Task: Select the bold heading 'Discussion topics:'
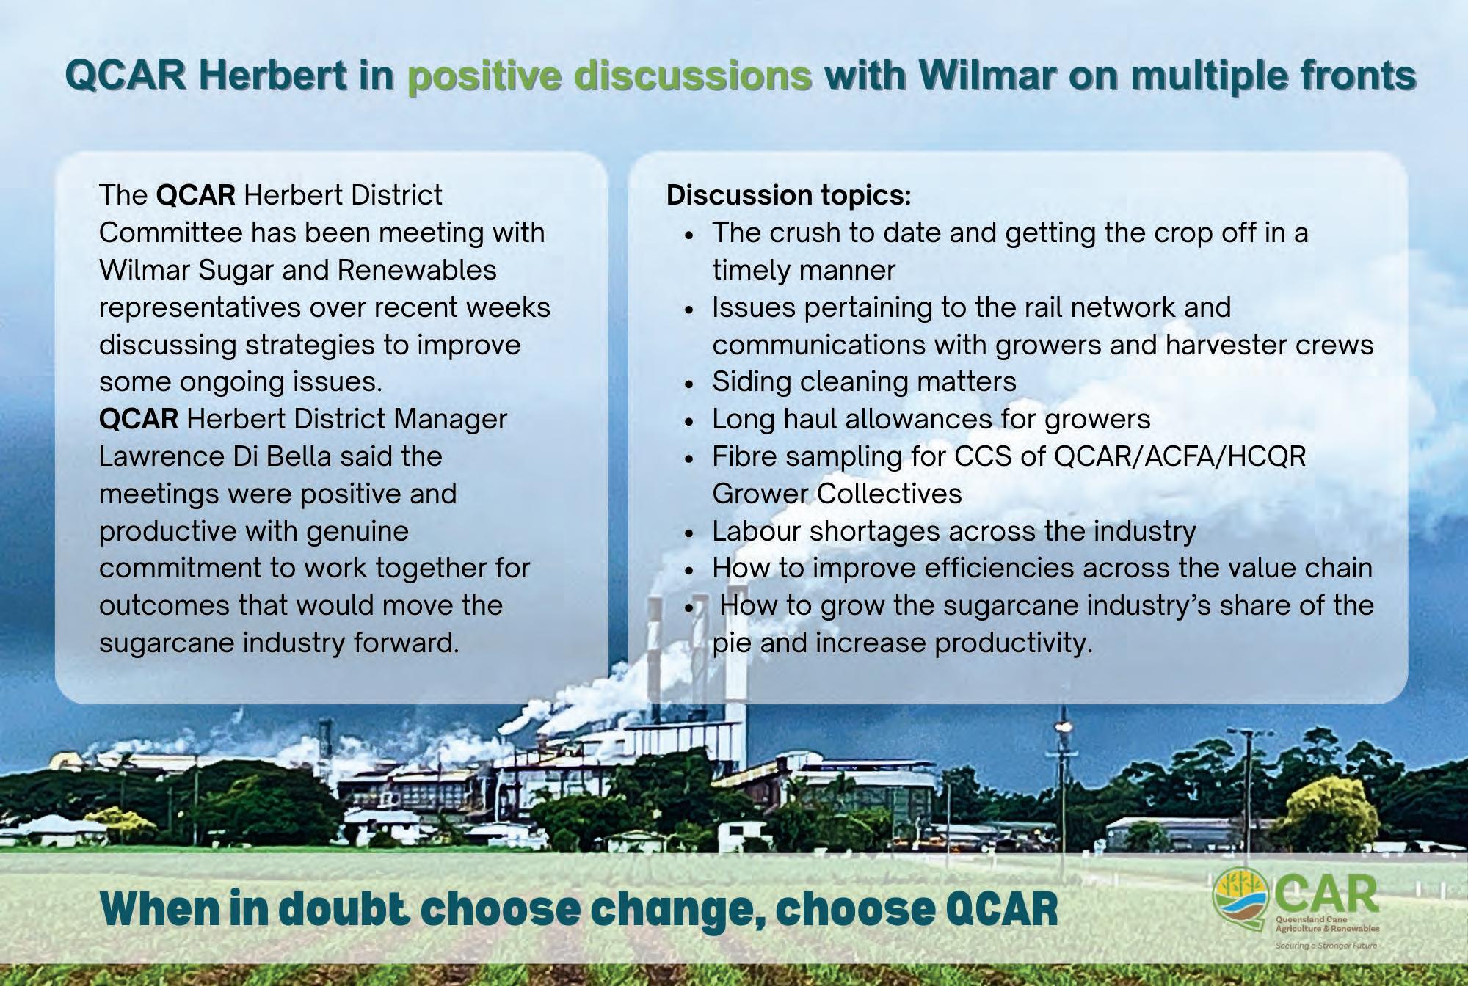coord(788,196)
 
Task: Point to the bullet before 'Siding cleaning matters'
coord(688,384)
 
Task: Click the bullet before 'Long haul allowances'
coord(688,421)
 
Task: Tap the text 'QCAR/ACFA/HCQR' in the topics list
coord(1180,457)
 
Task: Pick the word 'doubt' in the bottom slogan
coord(345,909)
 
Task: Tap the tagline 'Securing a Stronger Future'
coord(1326,946)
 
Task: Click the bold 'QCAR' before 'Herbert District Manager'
coord(139,419)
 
